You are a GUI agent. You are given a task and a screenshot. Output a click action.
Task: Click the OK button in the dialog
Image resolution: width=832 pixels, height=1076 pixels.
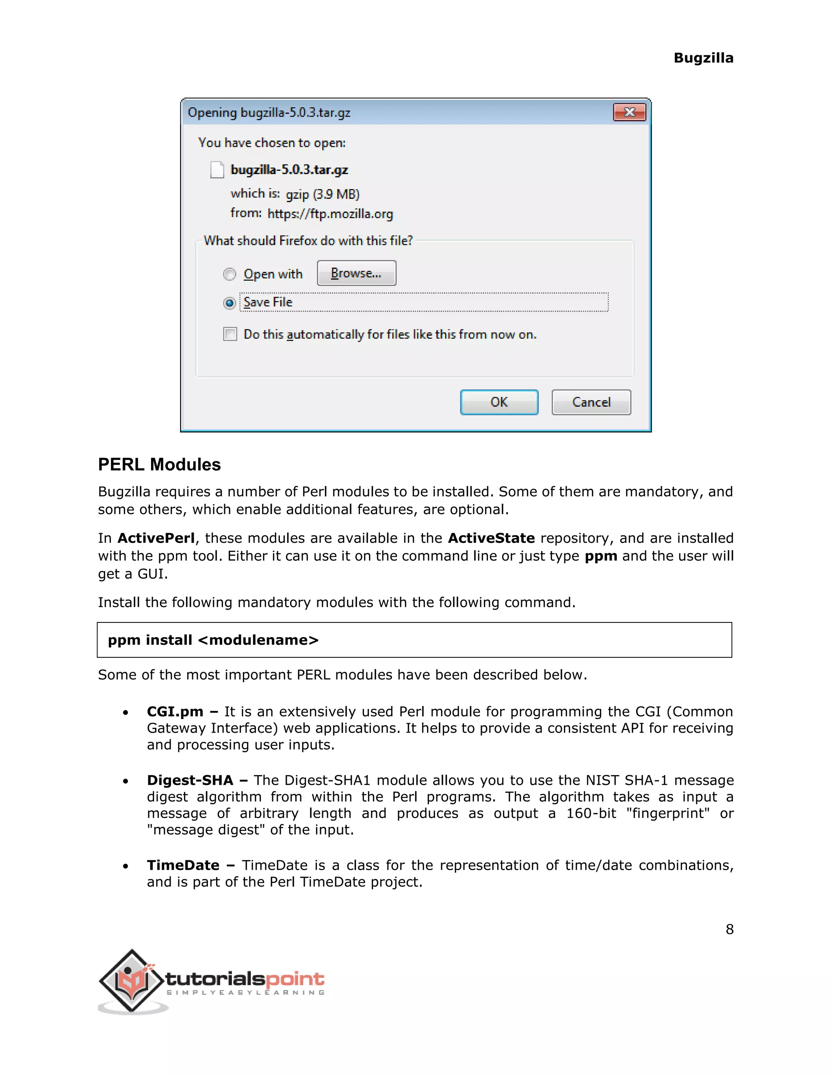click(499, 402)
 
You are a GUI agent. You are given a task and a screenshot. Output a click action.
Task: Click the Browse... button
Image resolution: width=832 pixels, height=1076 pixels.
click(356, 273)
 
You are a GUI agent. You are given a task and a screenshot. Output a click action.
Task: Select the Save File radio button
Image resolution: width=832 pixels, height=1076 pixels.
click(229, 302)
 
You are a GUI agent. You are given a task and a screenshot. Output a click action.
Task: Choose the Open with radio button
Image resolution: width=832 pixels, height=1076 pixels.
click(229, 274)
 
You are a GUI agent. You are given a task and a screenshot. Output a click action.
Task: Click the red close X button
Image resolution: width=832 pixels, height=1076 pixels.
click(629, 112)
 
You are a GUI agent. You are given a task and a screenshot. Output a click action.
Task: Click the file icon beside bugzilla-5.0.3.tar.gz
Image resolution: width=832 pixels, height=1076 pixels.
click(217, 169)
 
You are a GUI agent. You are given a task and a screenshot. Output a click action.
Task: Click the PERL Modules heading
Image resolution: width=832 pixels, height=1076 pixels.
click(159, 464)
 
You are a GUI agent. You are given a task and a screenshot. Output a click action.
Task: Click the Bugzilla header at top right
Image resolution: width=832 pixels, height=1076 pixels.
click(703, 58)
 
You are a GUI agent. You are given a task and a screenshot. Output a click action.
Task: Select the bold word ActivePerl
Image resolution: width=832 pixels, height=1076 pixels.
click(156, 538)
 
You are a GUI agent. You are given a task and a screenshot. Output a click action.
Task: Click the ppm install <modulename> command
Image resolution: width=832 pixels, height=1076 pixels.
click(213, 640)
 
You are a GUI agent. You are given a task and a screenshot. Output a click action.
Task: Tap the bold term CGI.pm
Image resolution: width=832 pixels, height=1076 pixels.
click(175, 711)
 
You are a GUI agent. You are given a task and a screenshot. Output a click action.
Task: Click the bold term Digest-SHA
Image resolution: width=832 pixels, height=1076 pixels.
click(190, 780)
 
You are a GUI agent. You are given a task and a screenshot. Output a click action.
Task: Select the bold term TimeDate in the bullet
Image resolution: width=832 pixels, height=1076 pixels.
click(183, 865)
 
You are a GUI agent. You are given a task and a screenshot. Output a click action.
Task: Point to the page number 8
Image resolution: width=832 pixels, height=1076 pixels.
click(730, 929)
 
